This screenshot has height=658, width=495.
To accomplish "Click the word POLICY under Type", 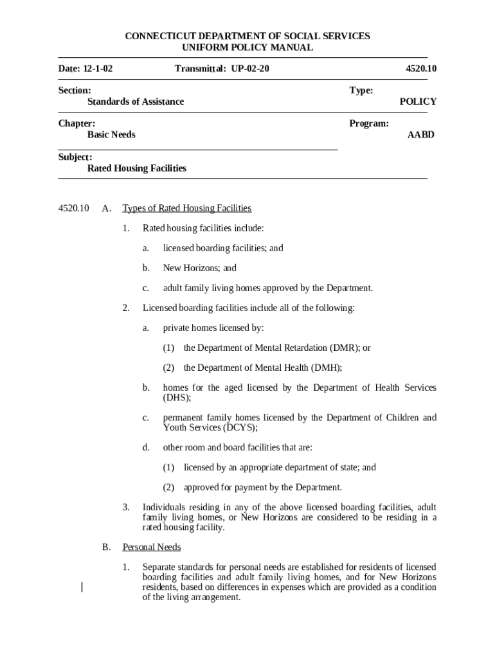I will [x=418, y=102].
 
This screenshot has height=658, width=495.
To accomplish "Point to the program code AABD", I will [x=420, y=135].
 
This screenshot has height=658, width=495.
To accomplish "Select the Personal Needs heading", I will [x=152, y=547].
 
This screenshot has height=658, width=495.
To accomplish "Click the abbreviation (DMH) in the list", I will [x=326, y=368].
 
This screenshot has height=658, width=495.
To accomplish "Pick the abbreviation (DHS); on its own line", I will [x=177, y=398].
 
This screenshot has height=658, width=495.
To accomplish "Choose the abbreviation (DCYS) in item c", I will [x=240, y=427].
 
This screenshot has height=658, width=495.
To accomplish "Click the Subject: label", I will [x=75, y=157].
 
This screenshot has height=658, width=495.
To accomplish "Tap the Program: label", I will [x=369, y=123].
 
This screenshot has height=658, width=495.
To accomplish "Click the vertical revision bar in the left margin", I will [x=82, y=587].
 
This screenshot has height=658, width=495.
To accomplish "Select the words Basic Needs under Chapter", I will [x=111, y=135].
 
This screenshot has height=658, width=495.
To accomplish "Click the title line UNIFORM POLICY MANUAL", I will [x=248, y=48].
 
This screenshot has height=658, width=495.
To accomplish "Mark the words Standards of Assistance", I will [x=136, y=102].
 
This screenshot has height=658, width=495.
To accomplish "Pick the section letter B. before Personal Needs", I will [x=107, y=547].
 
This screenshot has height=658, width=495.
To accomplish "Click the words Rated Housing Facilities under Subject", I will [x=137, y=168].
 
